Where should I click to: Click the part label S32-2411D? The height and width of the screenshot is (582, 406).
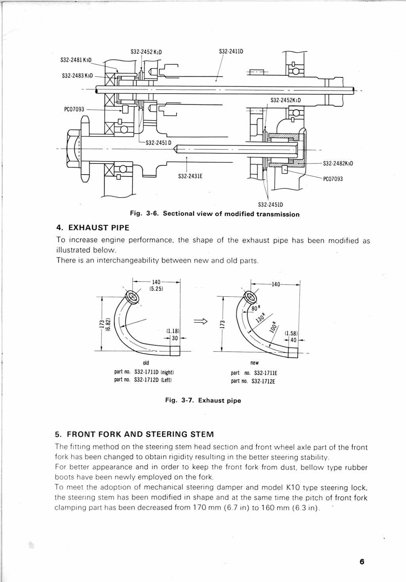[x=231, y=52]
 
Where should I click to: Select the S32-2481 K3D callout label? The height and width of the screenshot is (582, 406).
[x=76, y=60]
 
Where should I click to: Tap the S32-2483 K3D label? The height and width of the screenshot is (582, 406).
[x=77, y=75]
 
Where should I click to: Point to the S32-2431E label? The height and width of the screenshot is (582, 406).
[x=190, y=176]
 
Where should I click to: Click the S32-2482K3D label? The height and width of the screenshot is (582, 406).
[x=338, y=163]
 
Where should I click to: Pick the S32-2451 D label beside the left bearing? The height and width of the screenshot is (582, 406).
[x=158, y=143]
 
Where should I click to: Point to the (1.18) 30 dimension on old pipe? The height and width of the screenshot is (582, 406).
[x=173, y=334]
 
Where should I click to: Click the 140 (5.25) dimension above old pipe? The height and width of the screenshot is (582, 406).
[x=156, y=285]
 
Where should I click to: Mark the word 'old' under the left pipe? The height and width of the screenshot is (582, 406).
[x=146, y=363]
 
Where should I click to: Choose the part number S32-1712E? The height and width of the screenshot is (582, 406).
[x=263, y=382]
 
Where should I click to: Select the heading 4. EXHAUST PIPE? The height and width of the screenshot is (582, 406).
[x=93, y=228]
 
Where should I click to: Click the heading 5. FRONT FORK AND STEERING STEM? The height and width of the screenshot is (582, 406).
[x=134, y=434]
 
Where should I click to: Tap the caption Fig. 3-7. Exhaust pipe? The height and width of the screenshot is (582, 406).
[x=203, y=400]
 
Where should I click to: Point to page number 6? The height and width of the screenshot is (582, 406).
[x=362, y=562]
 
